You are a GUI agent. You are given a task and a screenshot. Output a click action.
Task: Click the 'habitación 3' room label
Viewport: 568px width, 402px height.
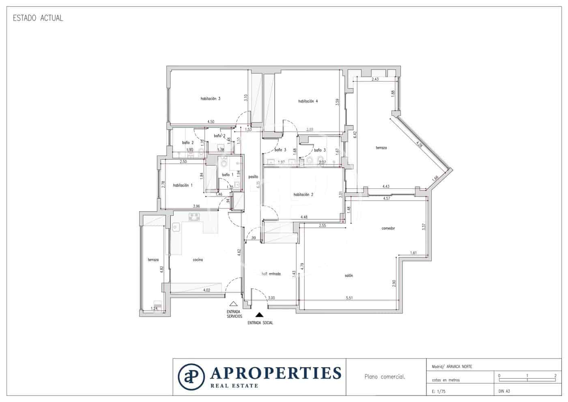click(210, 99)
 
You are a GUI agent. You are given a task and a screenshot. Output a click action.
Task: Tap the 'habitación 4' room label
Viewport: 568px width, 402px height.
click(308, 101)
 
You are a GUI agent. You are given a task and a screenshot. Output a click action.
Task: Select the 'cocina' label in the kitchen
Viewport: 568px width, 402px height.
click(198, 260)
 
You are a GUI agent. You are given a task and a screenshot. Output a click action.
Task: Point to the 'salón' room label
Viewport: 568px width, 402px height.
click(349, 276)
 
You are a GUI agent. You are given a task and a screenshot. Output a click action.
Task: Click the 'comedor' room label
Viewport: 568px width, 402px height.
click(388, 228)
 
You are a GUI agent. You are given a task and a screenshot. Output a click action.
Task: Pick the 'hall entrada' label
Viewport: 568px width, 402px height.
click(271, 274)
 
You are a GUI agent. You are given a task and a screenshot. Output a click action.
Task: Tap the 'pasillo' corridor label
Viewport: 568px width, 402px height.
click(253, 177)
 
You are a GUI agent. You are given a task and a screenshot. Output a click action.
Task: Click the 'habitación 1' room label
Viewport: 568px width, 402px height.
click(183, 185)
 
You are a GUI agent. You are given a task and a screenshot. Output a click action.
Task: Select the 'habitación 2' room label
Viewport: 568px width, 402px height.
click(303, 195)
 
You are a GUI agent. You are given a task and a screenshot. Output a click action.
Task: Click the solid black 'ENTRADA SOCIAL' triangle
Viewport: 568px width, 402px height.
click(259, 314)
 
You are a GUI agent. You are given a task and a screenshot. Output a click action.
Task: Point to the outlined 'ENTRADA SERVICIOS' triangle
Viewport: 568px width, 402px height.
click(233, 303)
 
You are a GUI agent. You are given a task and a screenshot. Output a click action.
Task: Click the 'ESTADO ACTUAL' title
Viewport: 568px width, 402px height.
click(38, 18)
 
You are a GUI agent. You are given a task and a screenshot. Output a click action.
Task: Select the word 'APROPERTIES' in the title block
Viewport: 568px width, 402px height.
click(275, 372)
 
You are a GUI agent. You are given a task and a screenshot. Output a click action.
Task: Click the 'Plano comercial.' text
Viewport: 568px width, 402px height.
click(385, 377)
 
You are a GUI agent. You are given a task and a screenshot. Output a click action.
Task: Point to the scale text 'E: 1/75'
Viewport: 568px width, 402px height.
click(438, 391)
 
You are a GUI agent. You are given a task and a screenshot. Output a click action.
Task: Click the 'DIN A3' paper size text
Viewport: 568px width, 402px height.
click(504, 391)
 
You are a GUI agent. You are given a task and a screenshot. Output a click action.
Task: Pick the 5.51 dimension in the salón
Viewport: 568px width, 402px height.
click(349, 298)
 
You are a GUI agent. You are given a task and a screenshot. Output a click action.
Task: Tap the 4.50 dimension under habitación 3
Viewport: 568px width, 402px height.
click(211, 121)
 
